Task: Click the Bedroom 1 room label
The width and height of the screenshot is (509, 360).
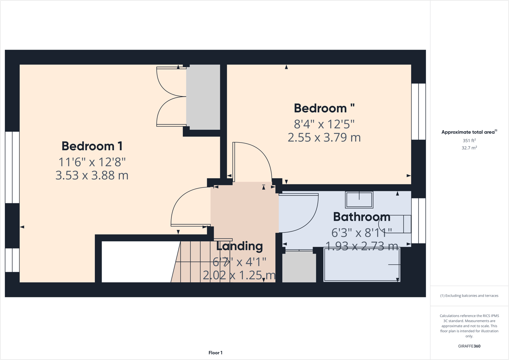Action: tap(92, 146)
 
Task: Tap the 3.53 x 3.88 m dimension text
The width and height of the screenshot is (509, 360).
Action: tap(92, 175)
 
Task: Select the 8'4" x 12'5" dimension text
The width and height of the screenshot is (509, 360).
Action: tap(324, 124)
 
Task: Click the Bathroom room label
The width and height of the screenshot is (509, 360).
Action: tap(361, 217)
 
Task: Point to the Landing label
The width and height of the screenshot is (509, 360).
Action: tap(239, 246)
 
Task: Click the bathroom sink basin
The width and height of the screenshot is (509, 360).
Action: tap(359, 200)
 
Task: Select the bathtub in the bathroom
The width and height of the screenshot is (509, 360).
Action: tap(361, 264)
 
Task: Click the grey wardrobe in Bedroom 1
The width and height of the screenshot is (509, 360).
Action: tap(203, 97)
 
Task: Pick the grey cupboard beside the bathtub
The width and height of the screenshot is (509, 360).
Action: tap(299, 267)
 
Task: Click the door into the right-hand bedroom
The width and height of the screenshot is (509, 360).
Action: tap(252, 161)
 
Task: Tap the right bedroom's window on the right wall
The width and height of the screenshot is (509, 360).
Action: tap(418, 112)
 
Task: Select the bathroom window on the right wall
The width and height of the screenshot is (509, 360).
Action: tap(418, 220)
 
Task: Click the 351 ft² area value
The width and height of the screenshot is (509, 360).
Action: tap(469, 141)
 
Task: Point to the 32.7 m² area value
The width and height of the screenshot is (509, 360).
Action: tap(469, 148)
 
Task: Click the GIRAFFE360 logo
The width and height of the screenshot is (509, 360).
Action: tap(469, 346)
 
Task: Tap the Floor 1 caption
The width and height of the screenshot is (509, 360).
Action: tap(215, 353)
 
